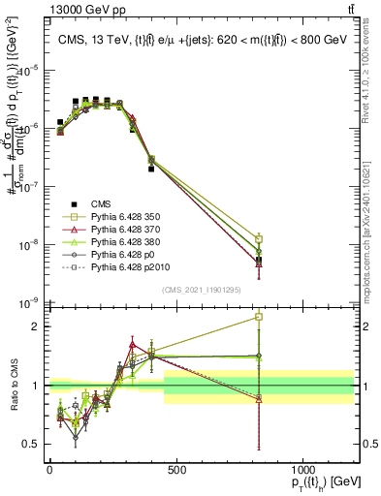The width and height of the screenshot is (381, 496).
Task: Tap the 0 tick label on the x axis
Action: click(x=49, y=468)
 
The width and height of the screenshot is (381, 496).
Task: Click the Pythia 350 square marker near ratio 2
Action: click(x=259, y=317)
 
